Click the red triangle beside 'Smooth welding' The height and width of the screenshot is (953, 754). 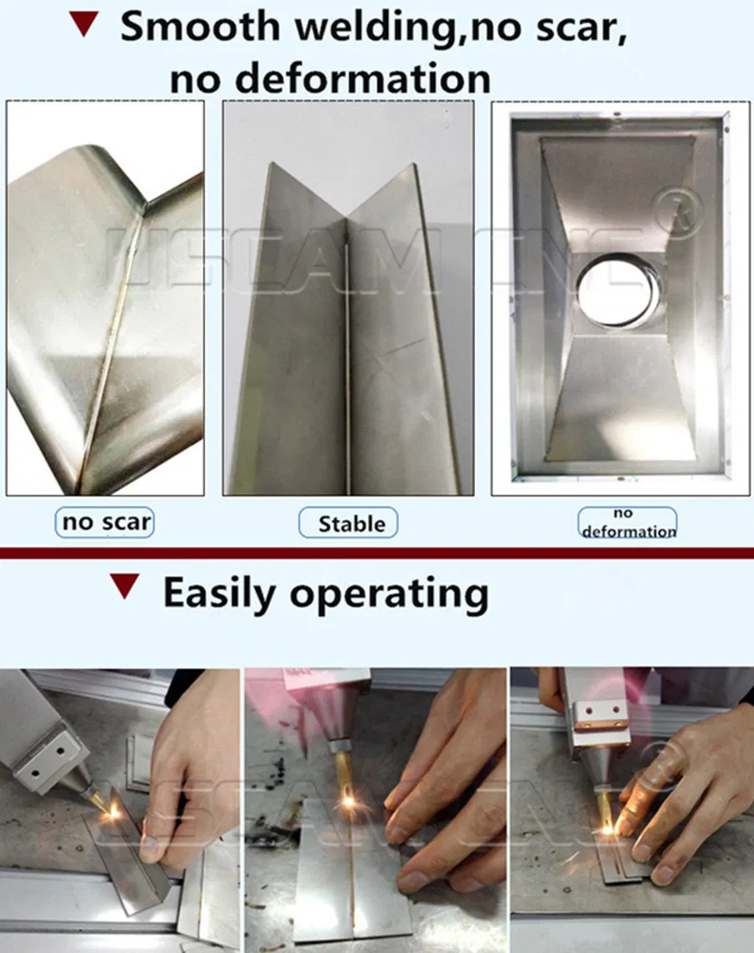83,24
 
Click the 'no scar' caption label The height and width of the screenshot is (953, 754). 106,523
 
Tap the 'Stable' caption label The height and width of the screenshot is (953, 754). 349,524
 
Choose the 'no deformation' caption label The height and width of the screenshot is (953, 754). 627,523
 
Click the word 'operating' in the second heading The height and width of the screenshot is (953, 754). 389,594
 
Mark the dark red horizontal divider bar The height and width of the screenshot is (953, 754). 377,554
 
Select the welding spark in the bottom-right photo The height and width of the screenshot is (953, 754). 607,828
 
